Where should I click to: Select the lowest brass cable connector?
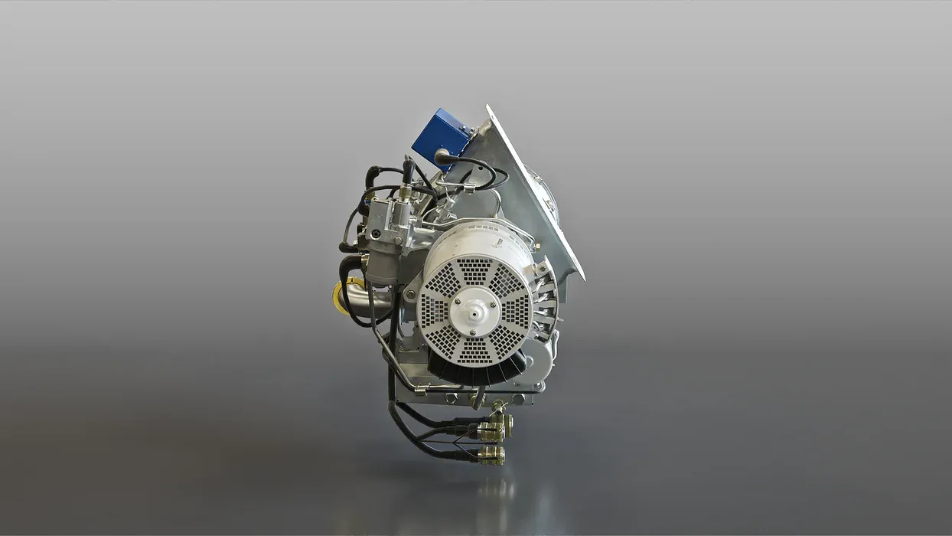[491, 456]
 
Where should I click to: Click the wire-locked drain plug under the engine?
[479, 397]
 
